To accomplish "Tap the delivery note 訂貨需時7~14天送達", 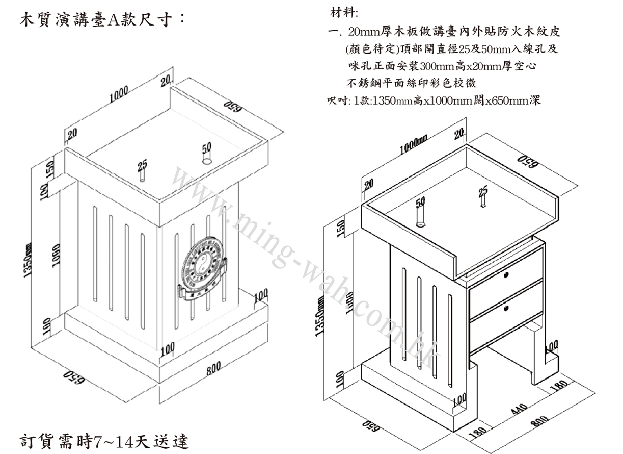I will (104, 440).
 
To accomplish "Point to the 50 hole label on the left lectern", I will (206, 148).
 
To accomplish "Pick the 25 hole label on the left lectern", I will (142, 164).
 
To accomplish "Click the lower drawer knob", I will (507, 308).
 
